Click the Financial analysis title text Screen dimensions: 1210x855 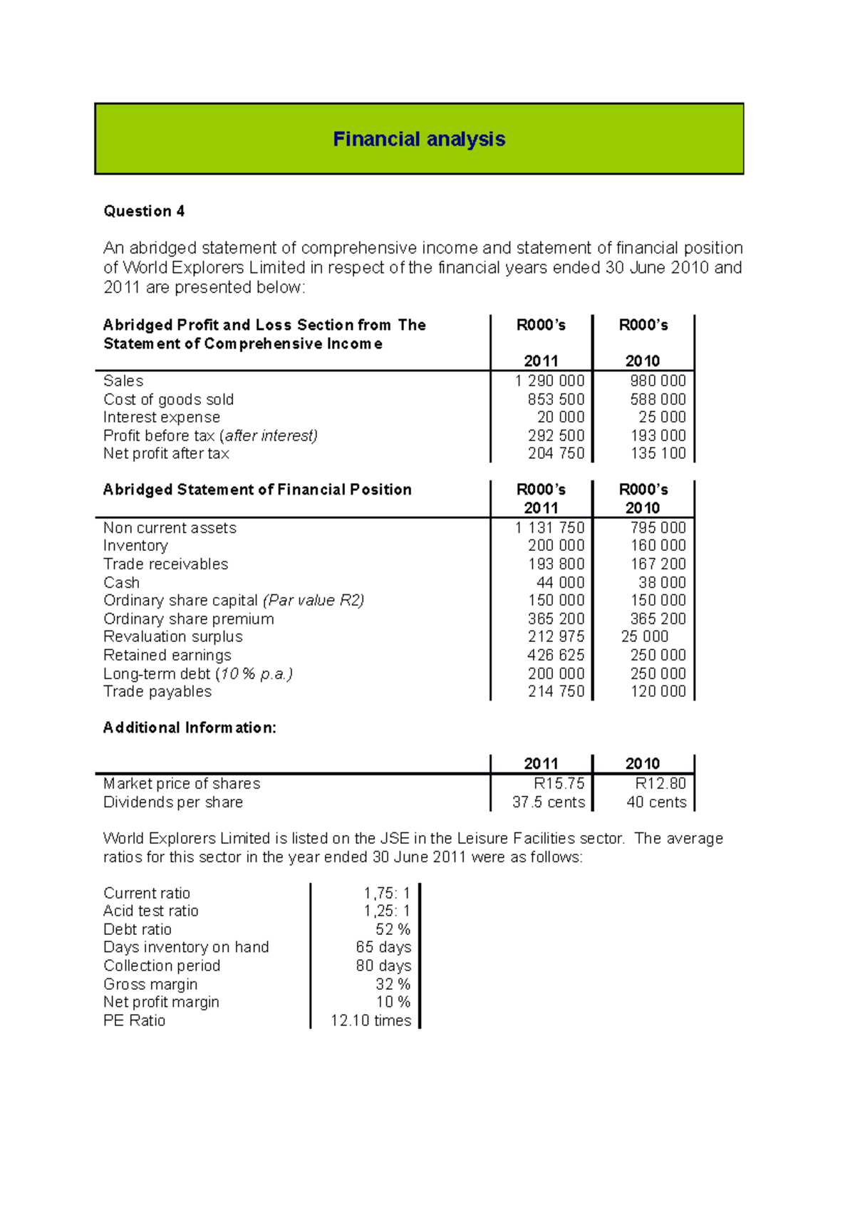[x=419, y=139]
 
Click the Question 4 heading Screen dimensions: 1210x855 [x=144, y=211]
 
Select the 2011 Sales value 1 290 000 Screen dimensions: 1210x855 [x=549, y=381]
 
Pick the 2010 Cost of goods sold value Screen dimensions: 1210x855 [x=658, y=400]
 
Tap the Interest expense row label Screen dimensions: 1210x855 [x=162, y=418]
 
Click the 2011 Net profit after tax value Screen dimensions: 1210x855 [x=556, y=454]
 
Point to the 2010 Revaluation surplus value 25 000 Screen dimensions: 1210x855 [x=644, y=637]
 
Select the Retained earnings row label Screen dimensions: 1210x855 [x=167, y=656]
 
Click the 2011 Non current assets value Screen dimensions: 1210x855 [x=549, y=528]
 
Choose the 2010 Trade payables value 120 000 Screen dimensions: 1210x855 [x=658, y=692]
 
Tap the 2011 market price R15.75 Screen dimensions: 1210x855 [x=559, y=784]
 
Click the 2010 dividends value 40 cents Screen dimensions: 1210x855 [x=656, y=802]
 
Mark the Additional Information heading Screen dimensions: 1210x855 [x=190, y=728]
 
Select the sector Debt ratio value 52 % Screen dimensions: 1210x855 [x=393, y=930]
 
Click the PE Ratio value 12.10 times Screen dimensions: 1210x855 [x=370, y=1021]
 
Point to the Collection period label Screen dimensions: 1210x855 [x=162, y=966]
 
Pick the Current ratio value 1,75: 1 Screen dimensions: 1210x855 [x=387, y=894]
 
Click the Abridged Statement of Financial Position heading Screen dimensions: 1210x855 [x=257, y=490]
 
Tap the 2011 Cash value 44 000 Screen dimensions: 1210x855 [x=560, y=583]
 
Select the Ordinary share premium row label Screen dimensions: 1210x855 [x=189, y=619]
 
